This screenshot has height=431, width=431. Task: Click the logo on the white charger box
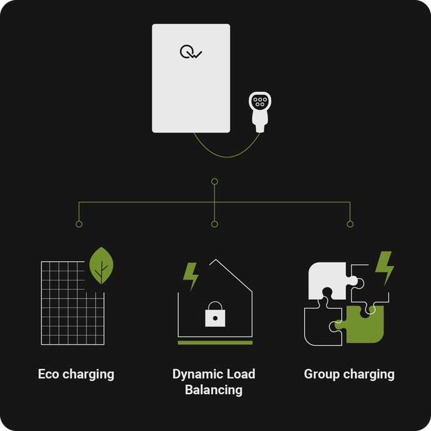coord(191,52)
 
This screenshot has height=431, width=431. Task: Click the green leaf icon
coord(101,265)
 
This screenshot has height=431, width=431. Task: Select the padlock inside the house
coord(215,314)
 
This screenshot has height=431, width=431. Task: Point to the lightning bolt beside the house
coord(191,277)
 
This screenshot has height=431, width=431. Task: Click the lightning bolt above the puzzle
coord(385,268)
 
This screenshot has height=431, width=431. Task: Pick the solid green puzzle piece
coord(360,324)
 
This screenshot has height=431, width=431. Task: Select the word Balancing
coord(214,390)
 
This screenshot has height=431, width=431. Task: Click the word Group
coord(322,375)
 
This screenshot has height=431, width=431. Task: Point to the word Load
coord(240,374)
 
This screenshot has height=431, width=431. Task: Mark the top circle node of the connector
coord(215,181)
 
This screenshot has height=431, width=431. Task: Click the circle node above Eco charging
coord(79,224)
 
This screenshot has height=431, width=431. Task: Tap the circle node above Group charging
coord(350,224)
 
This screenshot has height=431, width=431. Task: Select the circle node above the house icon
coord(215,224)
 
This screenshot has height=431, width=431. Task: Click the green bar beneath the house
coord(215,343)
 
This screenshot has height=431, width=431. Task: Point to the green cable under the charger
coord(227,157)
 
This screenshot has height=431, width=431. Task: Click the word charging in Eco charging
coord(88,375)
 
